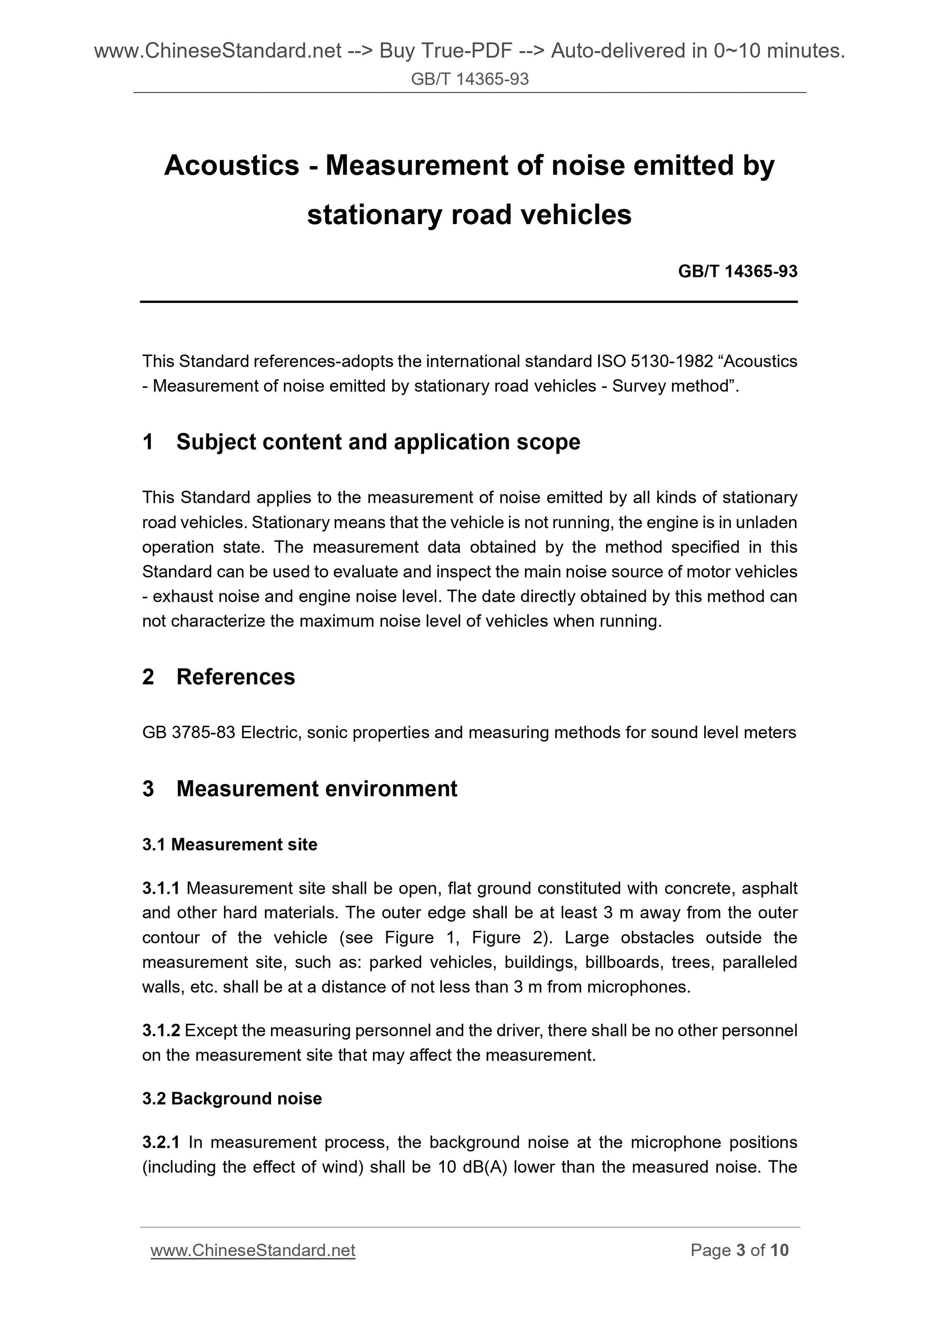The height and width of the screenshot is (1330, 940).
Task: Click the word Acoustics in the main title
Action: [232, 166]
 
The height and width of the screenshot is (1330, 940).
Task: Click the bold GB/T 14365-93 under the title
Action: [737, 271]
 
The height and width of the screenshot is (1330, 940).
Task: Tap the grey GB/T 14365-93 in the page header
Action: [470, 79]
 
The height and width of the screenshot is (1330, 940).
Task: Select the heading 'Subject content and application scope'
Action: [378, 442]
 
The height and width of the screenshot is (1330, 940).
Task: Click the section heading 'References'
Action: [235, 676]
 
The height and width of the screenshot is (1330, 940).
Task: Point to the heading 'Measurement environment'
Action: [316, 788]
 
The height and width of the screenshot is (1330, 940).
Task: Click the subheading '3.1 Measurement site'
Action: [229, 844]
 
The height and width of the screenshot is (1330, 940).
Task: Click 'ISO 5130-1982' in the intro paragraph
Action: [655, 361]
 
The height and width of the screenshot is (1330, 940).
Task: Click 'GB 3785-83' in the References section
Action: [188, 733]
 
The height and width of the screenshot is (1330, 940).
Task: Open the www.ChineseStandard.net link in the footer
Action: [253, 1250]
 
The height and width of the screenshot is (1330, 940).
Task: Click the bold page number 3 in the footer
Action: [740, 1250]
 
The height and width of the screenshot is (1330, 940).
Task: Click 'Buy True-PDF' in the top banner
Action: [445, 52]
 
